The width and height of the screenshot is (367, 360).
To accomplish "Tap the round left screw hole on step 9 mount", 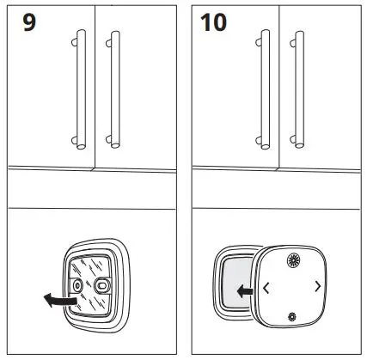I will point(79,284).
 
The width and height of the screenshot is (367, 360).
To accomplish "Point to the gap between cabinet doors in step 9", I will point(95,86).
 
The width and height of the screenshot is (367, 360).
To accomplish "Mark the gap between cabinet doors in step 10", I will point(281,86).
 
